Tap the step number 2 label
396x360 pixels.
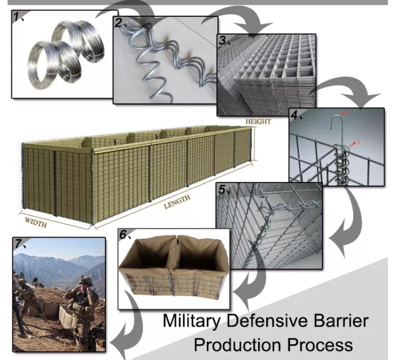[118, 23]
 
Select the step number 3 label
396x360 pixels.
[222, 41]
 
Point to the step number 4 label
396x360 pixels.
[294, 115]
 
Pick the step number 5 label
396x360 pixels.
[222, 189]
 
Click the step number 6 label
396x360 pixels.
[123, 234]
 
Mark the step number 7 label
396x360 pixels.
[18, 244]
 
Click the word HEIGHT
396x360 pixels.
[258, 122]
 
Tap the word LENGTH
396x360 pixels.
[177, 202]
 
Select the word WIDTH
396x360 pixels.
[36, 222]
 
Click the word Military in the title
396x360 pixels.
[192, 322]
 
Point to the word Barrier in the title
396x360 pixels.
[341, 320]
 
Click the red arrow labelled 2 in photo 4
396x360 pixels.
[353, 144]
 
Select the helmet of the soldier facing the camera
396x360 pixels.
[86, 280]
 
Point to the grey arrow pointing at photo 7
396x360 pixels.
[126, 326]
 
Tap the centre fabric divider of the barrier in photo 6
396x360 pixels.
[175, 253]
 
